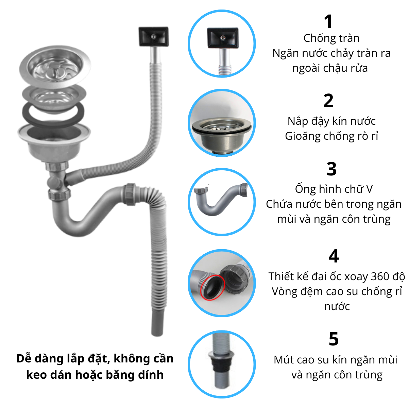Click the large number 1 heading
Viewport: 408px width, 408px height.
pyautogui.click(x=328, y=21)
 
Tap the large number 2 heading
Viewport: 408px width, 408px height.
pyautogui.click(x=328, y=101)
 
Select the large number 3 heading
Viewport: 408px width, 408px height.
pyautogui.click(x=331, y=169)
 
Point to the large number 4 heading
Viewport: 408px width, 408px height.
pyautogui.click(x=334, y=256)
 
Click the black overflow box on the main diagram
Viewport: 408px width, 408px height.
pyautogui.click(x=153, y=36)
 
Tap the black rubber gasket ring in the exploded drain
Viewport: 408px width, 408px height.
pyautogui.click(x=53, y=115)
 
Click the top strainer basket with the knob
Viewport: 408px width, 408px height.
pyautogui.click(x=55, y=66)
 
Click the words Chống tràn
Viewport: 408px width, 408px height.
pyautogui.click(x=331, y=38)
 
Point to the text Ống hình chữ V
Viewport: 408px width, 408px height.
pyautogui.click(x=334, y=189)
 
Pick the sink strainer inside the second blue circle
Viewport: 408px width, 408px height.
pyautogui.click(x=222, y=133)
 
